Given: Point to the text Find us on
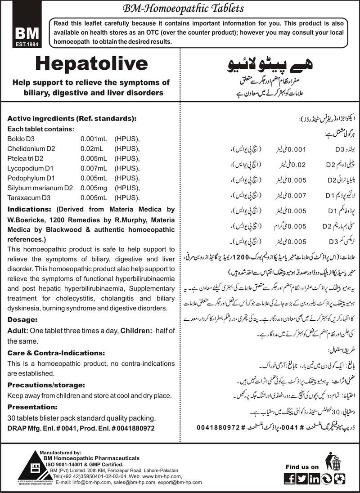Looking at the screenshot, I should pyautogui.click(x=302, y=466).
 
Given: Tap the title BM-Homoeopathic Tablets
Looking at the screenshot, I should pyautogui.click(x=180, y=9).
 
